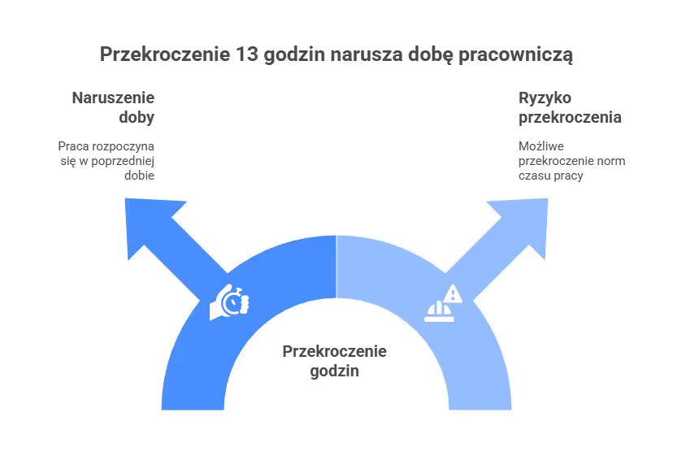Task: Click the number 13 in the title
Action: pos(246,54)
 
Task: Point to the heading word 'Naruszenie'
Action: pos(113,98)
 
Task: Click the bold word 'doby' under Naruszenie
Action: pos(137,117)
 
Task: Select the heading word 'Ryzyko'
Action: pos(545,98)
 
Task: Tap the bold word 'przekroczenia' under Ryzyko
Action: pos(570,117)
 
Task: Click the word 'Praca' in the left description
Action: pos(74,146)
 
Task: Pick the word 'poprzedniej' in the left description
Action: pos(123,161)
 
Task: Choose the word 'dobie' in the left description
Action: pos(140,176)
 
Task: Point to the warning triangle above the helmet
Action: pos(453,294)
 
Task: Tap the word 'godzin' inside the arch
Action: pos(334,371)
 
